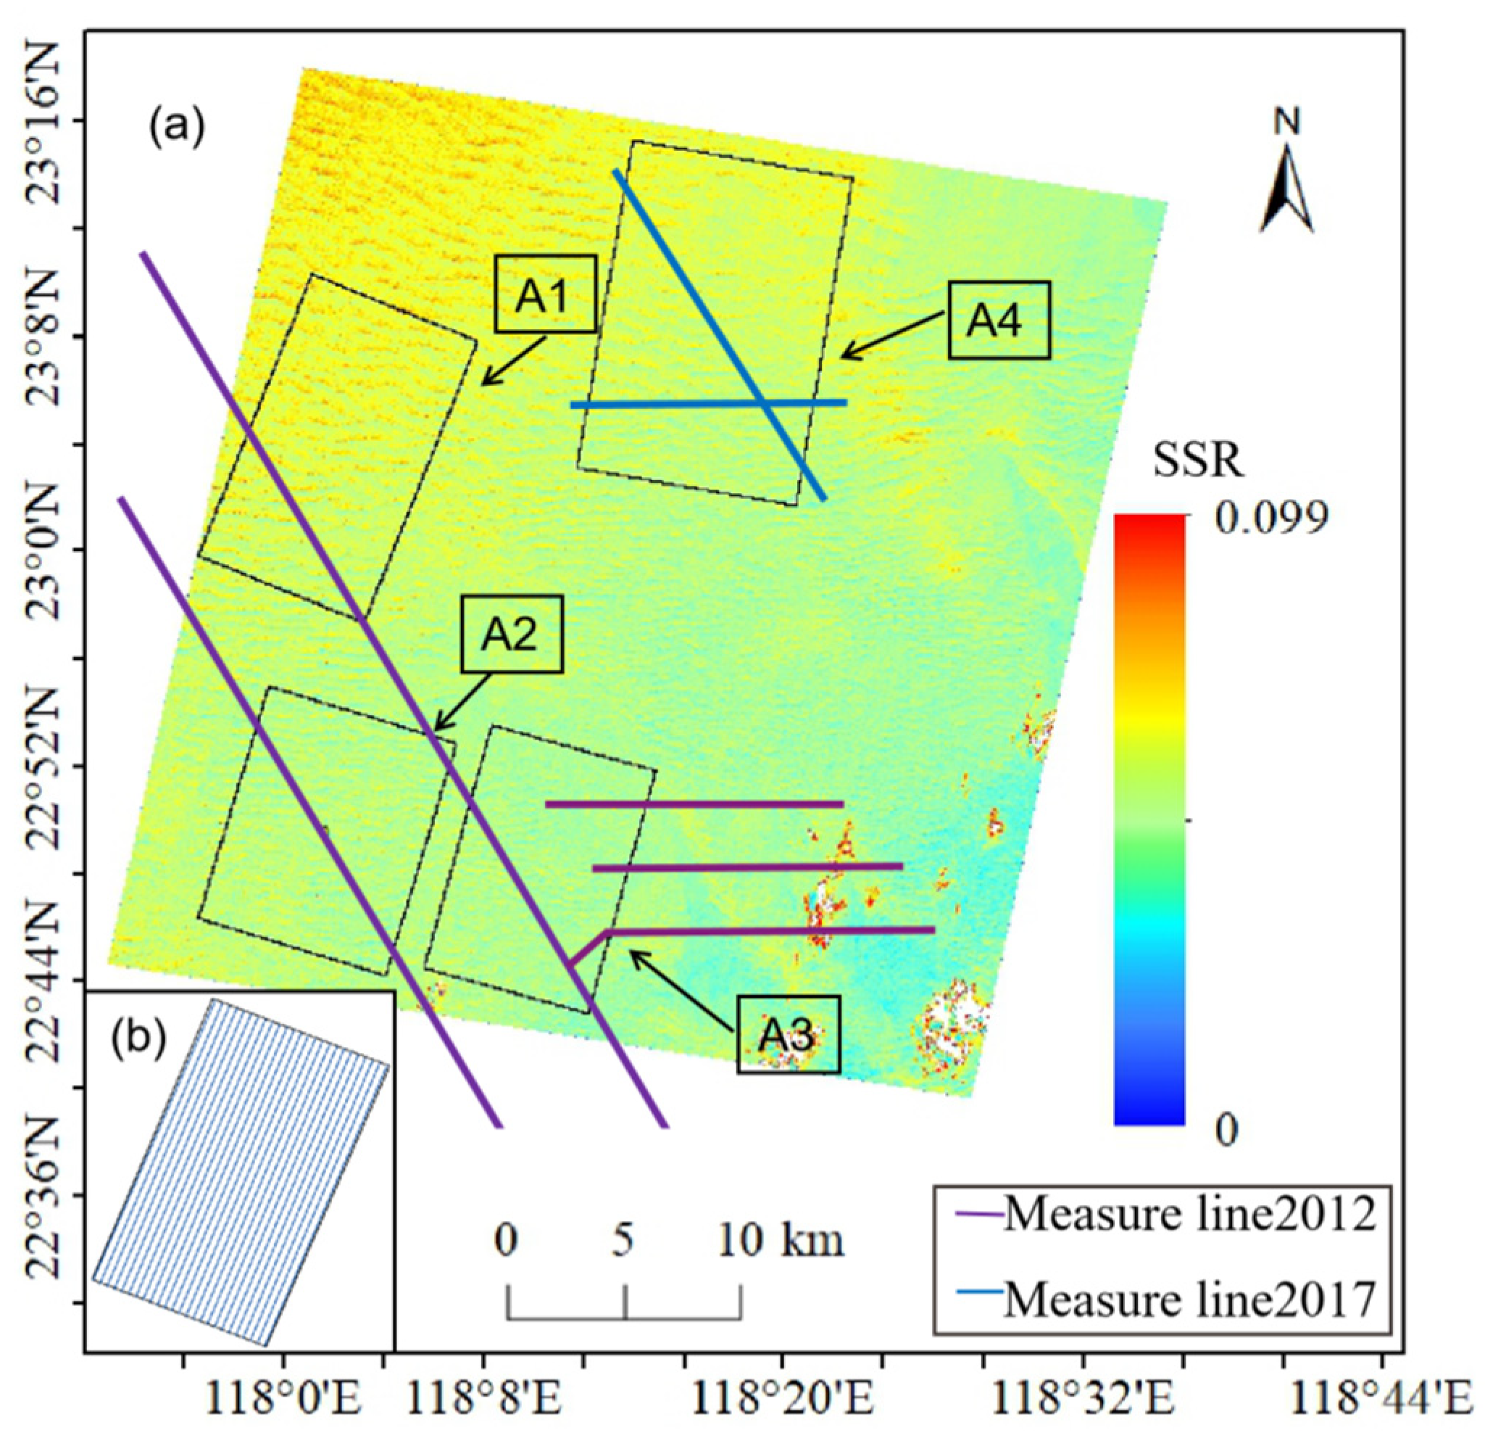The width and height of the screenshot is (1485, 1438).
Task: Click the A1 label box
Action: [x=546, y=294]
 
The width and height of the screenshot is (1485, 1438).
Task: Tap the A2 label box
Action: [x=513, y=634]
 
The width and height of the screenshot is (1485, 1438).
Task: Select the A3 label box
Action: [x=788, y=1034]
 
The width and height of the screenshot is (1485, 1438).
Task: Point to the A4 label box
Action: [x=999, y=319]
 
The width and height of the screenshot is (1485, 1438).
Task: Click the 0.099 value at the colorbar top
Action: [x=1271, y=518]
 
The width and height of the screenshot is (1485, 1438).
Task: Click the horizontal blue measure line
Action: [x=707, y=403]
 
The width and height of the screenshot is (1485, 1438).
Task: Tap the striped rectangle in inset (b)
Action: [x=241, y=1172]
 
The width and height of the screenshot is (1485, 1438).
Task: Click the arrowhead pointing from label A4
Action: [x=846, y=355]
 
